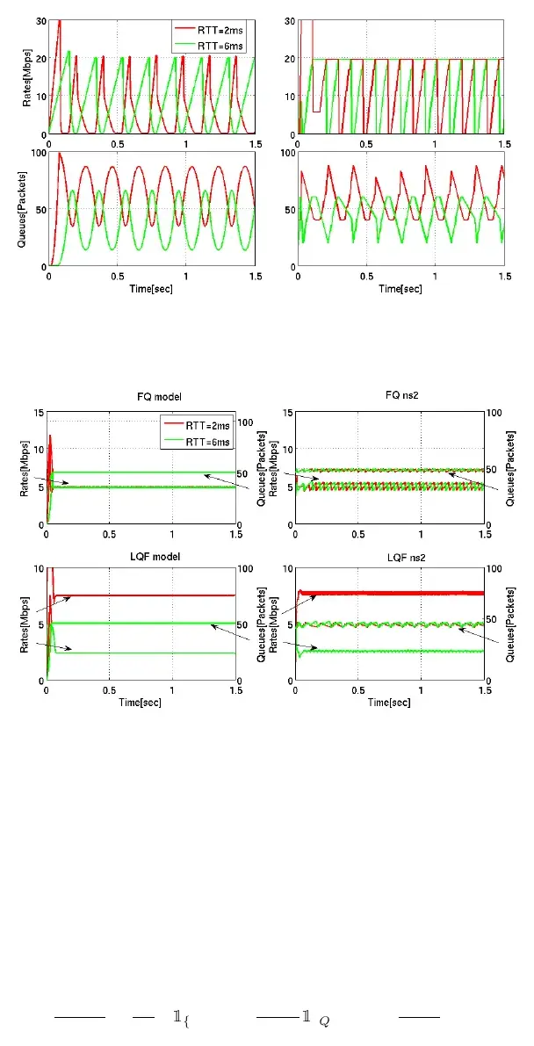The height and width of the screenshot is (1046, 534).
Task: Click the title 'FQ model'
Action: pyautogui.click(x=141, y=397)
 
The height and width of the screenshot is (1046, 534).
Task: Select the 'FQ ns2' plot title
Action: pyautogui.click(x=390, y=397)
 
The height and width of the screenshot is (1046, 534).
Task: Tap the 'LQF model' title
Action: pyautogui.click(x=141, y=553)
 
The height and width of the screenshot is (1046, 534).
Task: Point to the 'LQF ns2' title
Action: pyautogui.click(x=390, y=553)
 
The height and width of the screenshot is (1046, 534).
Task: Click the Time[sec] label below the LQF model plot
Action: pyautogui.click(x=141, y=702)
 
